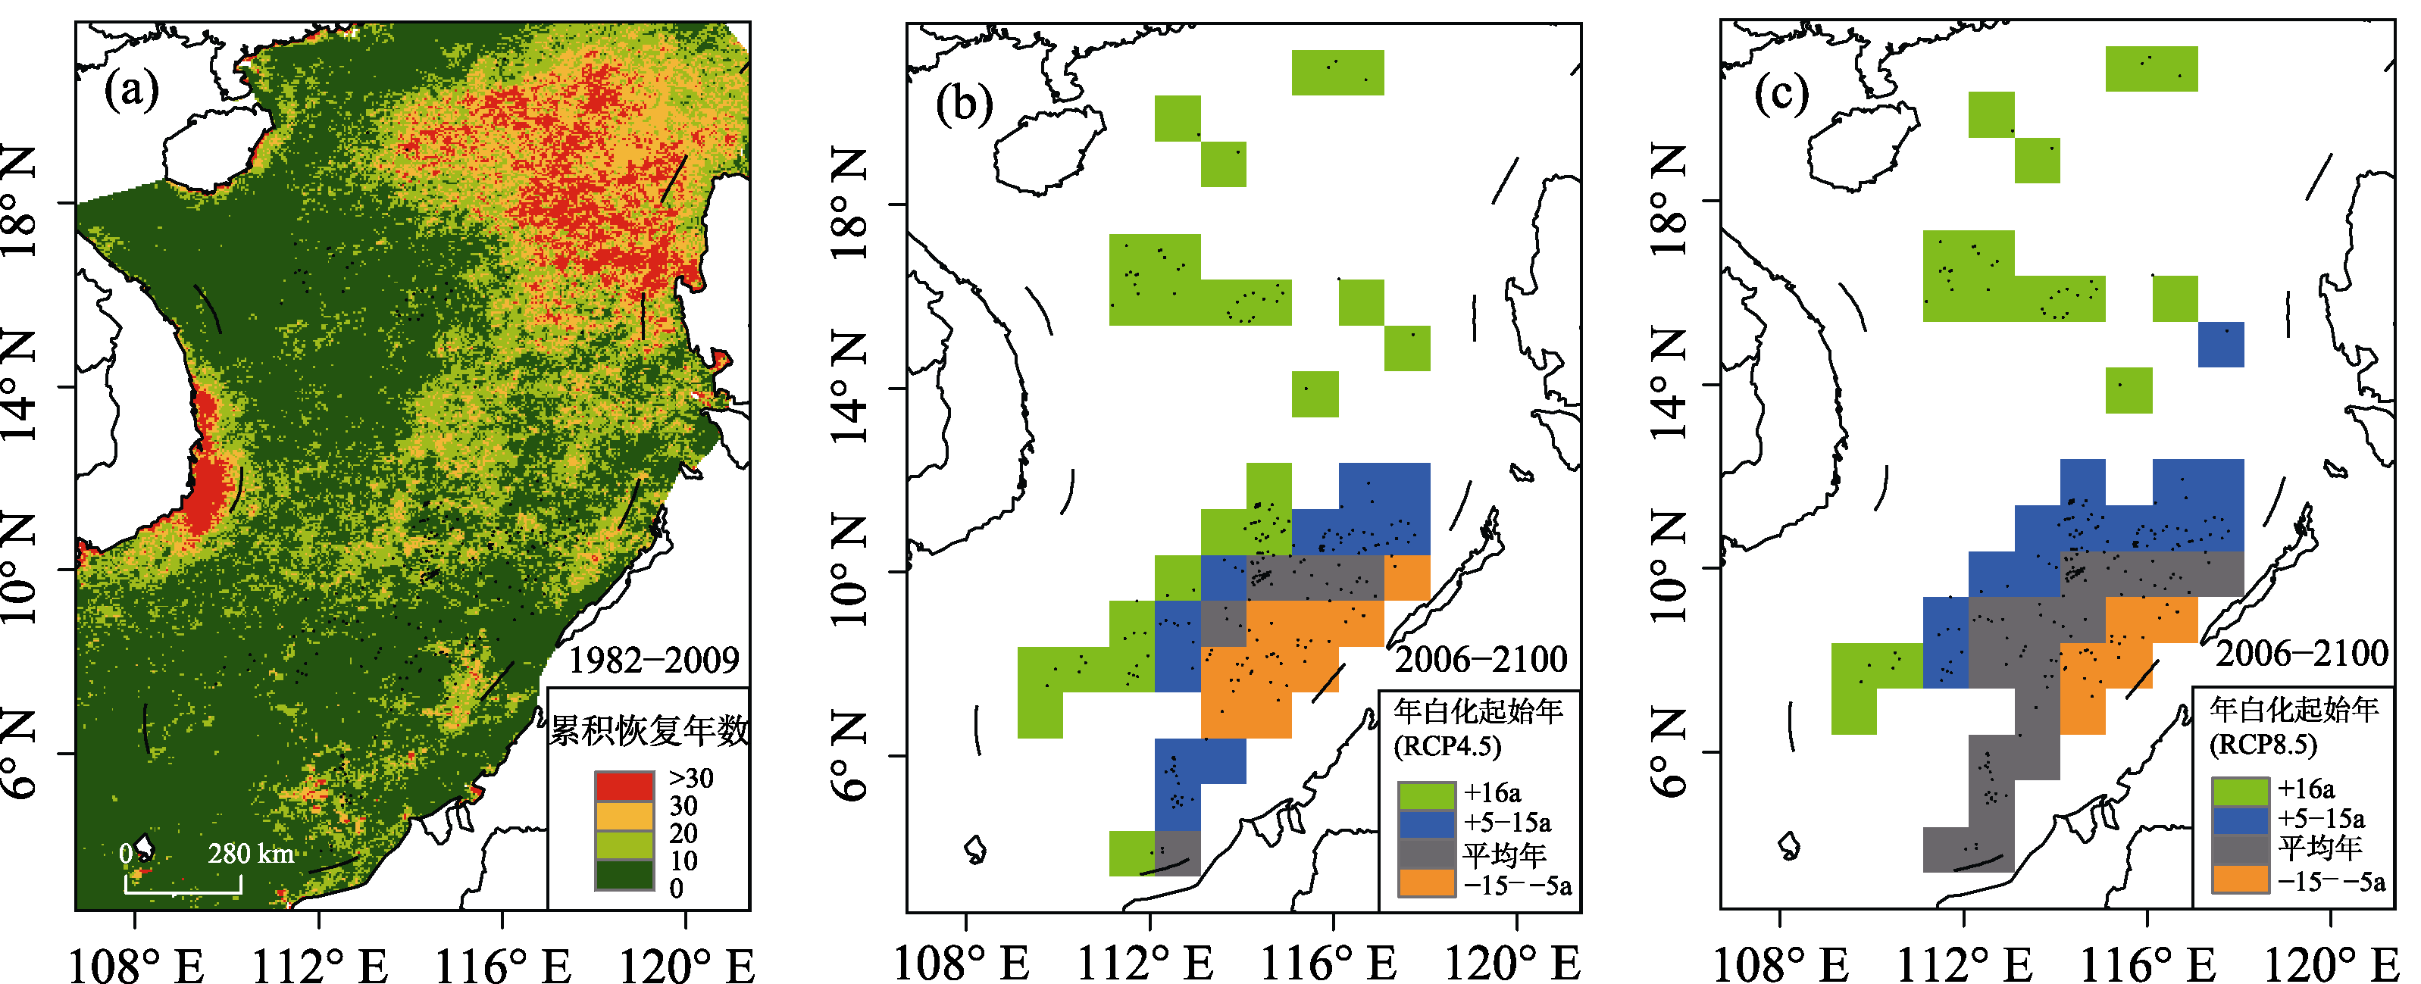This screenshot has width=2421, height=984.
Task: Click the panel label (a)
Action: tap(133, 91)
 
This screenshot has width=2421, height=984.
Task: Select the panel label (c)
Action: tap(1781, 94)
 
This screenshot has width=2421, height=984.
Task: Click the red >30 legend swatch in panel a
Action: tap(624, 786)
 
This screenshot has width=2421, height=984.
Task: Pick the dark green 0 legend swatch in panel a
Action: tap(624, 875)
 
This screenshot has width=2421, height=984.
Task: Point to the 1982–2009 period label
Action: tap(654, 661)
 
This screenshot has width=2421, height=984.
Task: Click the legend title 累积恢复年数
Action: tap(649, 729)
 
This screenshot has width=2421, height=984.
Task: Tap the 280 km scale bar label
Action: tap(251, 854)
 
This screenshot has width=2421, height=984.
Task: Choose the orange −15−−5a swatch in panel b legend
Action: tap(1427, 883)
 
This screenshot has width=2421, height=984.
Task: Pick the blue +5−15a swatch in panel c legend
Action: tap(2241, 820)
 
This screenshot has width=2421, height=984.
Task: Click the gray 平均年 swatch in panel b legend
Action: tap(1427, 854)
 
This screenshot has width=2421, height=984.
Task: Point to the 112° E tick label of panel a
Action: tap(320, 966)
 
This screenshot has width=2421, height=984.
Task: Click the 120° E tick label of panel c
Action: tap(2332, 966)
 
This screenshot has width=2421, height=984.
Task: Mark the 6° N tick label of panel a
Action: tap(18, 754)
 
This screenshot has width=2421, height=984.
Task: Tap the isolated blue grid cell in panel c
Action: tap(2221, 345)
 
